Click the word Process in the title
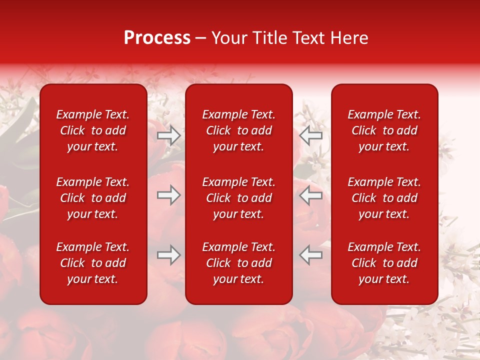157,38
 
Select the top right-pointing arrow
169,135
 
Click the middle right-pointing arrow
169,195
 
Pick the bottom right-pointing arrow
169,255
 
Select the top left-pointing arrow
310,135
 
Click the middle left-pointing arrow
310,195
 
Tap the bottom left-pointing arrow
310,255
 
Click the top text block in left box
93,130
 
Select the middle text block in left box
93,198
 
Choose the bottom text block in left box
93,263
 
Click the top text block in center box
238,130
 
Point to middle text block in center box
238,198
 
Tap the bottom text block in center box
238,263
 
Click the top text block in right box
384,130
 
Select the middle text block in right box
384,198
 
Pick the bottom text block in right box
384,263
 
